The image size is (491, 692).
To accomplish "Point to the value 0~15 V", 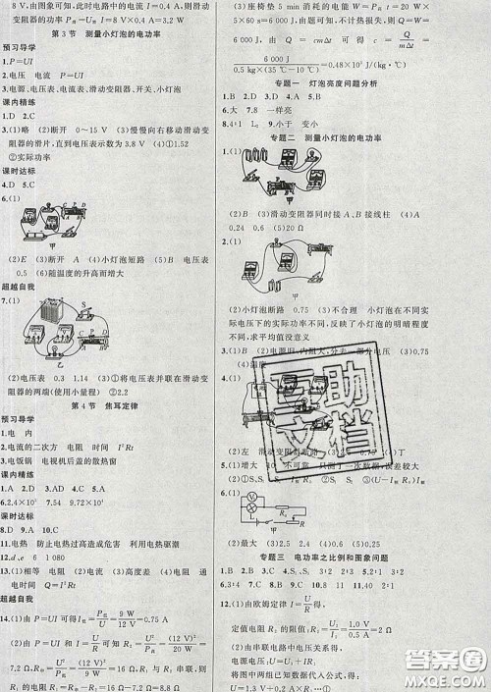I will tap(76, 127).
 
